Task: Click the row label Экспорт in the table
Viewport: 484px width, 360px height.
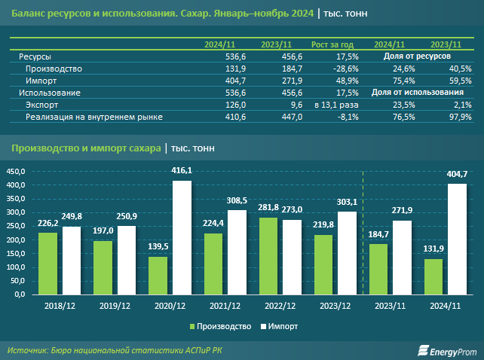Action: pyautogui.click(x=42, y=105)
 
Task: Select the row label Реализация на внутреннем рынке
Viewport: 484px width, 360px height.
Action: pyautogui.click(x=94, y=117)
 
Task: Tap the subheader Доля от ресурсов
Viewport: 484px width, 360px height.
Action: pyautogui.click(x=416, y=56)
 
